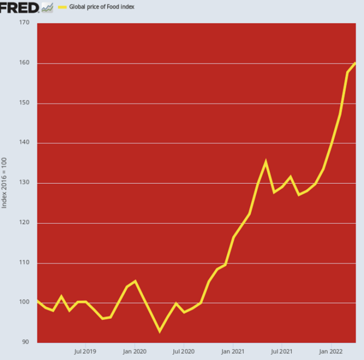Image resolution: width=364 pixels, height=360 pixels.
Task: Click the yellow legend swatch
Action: pos(62,7)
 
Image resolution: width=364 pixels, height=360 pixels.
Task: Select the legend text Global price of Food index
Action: pos(102,7)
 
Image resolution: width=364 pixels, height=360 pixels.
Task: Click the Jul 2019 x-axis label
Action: pos(85,351)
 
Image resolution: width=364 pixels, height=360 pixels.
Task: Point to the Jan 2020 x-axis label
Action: pos(134,351)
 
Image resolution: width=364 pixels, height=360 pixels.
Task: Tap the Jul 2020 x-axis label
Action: pos(184,351)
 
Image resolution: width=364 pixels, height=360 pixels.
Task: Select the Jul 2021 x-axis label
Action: pos(281,351)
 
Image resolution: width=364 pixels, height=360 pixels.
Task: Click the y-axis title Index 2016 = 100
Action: pos(5,183)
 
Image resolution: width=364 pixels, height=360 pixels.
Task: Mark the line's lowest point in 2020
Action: pos(160,331)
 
